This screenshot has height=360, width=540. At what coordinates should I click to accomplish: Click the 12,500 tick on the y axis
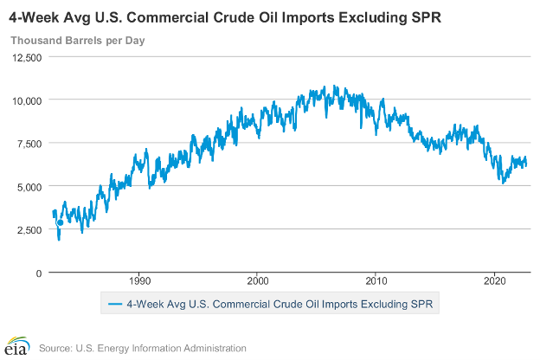click(26, 57)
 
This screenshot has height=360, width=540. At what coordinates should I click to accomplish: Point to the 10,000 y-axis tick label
click(26, 100)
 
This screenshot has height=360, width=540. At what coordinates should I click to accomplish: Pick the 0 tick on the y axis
click(38, 273)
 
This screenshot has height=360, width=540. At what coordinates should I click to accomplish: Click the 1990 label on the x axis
click(140, 282)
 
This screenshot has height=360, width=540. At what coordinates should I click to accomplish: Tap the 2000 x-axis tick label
click(258, 282)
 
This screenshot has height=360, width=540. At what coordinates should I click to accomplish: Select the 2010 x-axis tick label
click(376, 282)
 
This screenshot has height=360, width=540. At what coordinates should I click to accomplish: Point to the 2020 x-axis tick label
click(494, 282)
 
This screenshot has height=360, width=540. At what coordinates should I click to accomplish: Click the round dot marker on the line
click(60, 222)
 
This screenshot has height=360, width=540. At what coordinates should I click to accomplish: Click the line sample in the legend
click(113, 304)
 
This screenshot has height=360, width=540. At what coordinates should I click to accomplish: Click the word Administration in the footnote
click(212, 348)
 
